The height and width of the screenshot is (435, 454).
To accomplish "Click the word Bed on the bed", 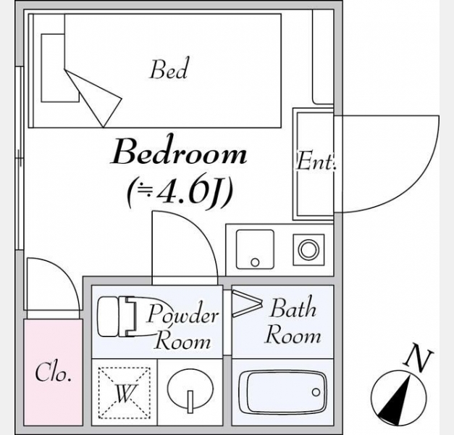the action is (169, 69).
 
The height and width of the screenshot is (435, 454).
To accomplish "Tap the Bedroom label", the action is (179, 152).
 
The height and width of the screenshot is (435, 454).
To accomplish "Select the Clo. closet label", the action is (54, 372).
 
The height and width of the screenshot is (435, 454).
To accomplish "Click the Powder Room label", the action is (182, 326).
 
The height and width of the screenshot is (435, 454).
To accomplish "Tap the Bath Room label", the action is (293, 321).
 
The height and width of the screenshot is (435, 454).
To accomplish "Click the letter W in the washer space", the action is (125, 393).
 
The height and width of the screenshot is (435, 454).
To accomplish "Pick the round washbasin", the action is (190, 389).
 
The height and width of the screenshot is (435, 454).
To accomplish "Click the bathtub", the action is (283, 392).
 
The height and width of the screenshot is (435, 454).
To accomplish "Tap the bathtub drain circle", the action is (316, 392).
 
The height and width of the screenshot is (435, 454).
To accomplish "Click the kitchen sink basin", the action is (255, 249).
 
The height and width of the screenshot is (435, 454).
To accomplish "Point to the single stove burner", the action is (308, 249).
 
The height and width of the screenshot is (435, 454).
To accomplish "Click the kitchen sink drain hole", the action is (255, 262).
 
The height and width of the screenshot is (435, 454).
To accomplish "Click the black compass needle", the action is (395, 399).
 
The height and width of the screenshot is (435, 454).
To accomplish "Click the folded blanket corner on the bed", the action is (93, 98).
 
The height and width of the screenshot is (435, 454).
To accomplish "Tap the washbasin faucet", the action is (190, 402).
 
